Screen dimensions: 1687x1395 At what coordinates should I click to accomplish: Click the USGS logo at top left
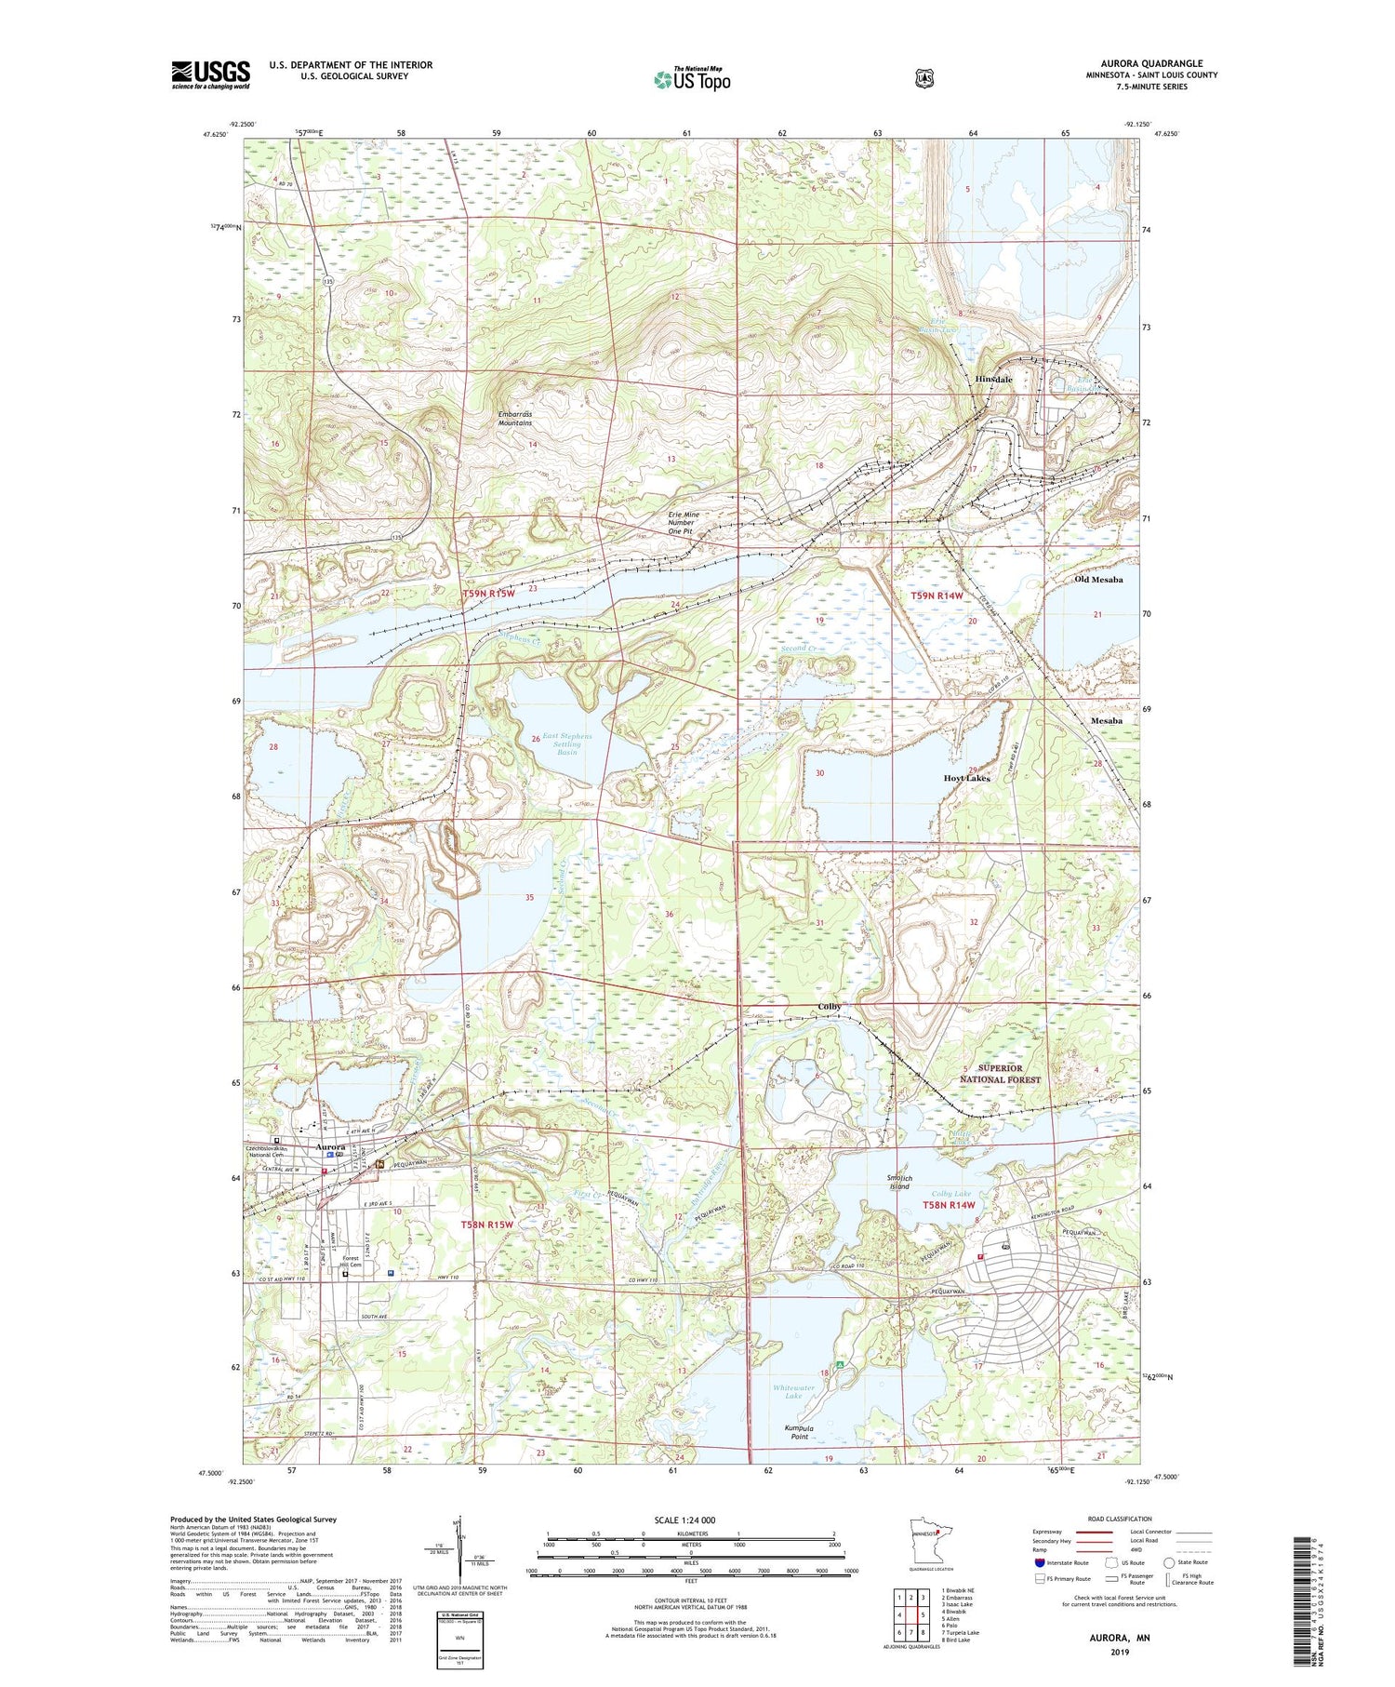(x=210, y=74)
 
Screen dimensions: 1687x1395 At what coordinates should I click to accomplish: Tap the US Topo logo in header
(x=692, y=79)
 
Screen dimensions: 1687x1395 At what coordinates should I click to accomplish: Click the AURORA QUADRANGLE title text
(x=1151, y=63)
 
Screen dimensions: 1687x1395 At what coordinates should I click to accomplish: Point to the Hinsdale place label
(x=993, y=380)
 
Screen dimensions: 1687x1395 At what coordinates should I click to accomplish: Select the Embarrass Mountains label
(x=515, y=418)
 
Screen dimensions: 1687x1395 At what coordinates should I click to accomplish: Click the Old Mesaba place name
(x=1098, y=580)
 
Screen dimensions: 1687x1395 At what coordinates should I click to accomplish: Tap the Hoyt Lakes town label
(x=966, y=778)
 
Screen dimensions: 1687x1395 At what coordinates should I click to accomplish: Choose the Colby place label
(x=830, y=1007)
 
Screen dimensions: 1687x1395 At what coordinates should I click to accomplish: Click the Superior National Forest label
(x=1000, y=1074)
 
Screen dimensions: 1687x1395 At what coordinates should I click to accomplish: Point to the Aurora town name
(x=331, y=1147)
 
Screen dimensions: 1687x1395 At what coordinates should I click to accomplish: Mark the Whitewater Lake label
(x=793, y=1392)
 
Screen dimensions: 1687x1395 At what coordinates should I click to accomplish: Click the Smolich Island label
(x=898, y=1182)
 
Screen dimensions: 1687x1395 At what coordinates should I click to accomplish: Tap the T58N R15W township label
(x=487, y=1225)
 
